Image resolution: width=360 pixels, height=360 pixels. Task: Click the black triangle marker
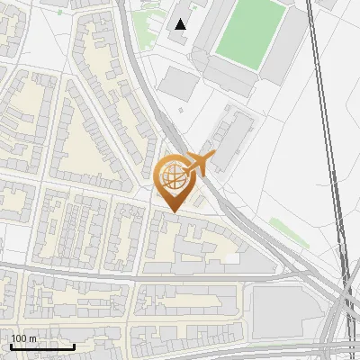point(182,24)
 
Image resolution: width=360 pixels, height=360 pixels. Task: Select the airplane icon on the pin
point(198,164)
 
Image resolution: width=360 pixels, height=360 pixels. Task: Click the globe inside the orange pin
point(173,178)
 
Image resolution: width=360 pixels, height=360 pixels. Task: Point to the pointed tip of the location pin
point(173,211)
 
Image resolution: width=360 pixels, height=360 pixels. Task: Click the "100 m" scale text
point(23,338)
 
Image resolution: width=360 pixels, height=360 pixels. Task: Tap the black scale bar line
point(42,346)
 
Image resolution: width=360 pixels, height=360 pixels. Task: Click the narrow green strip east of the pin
point(288,230)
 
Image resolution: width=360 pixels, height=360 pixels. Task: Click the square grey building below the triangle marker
point(179,84)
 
